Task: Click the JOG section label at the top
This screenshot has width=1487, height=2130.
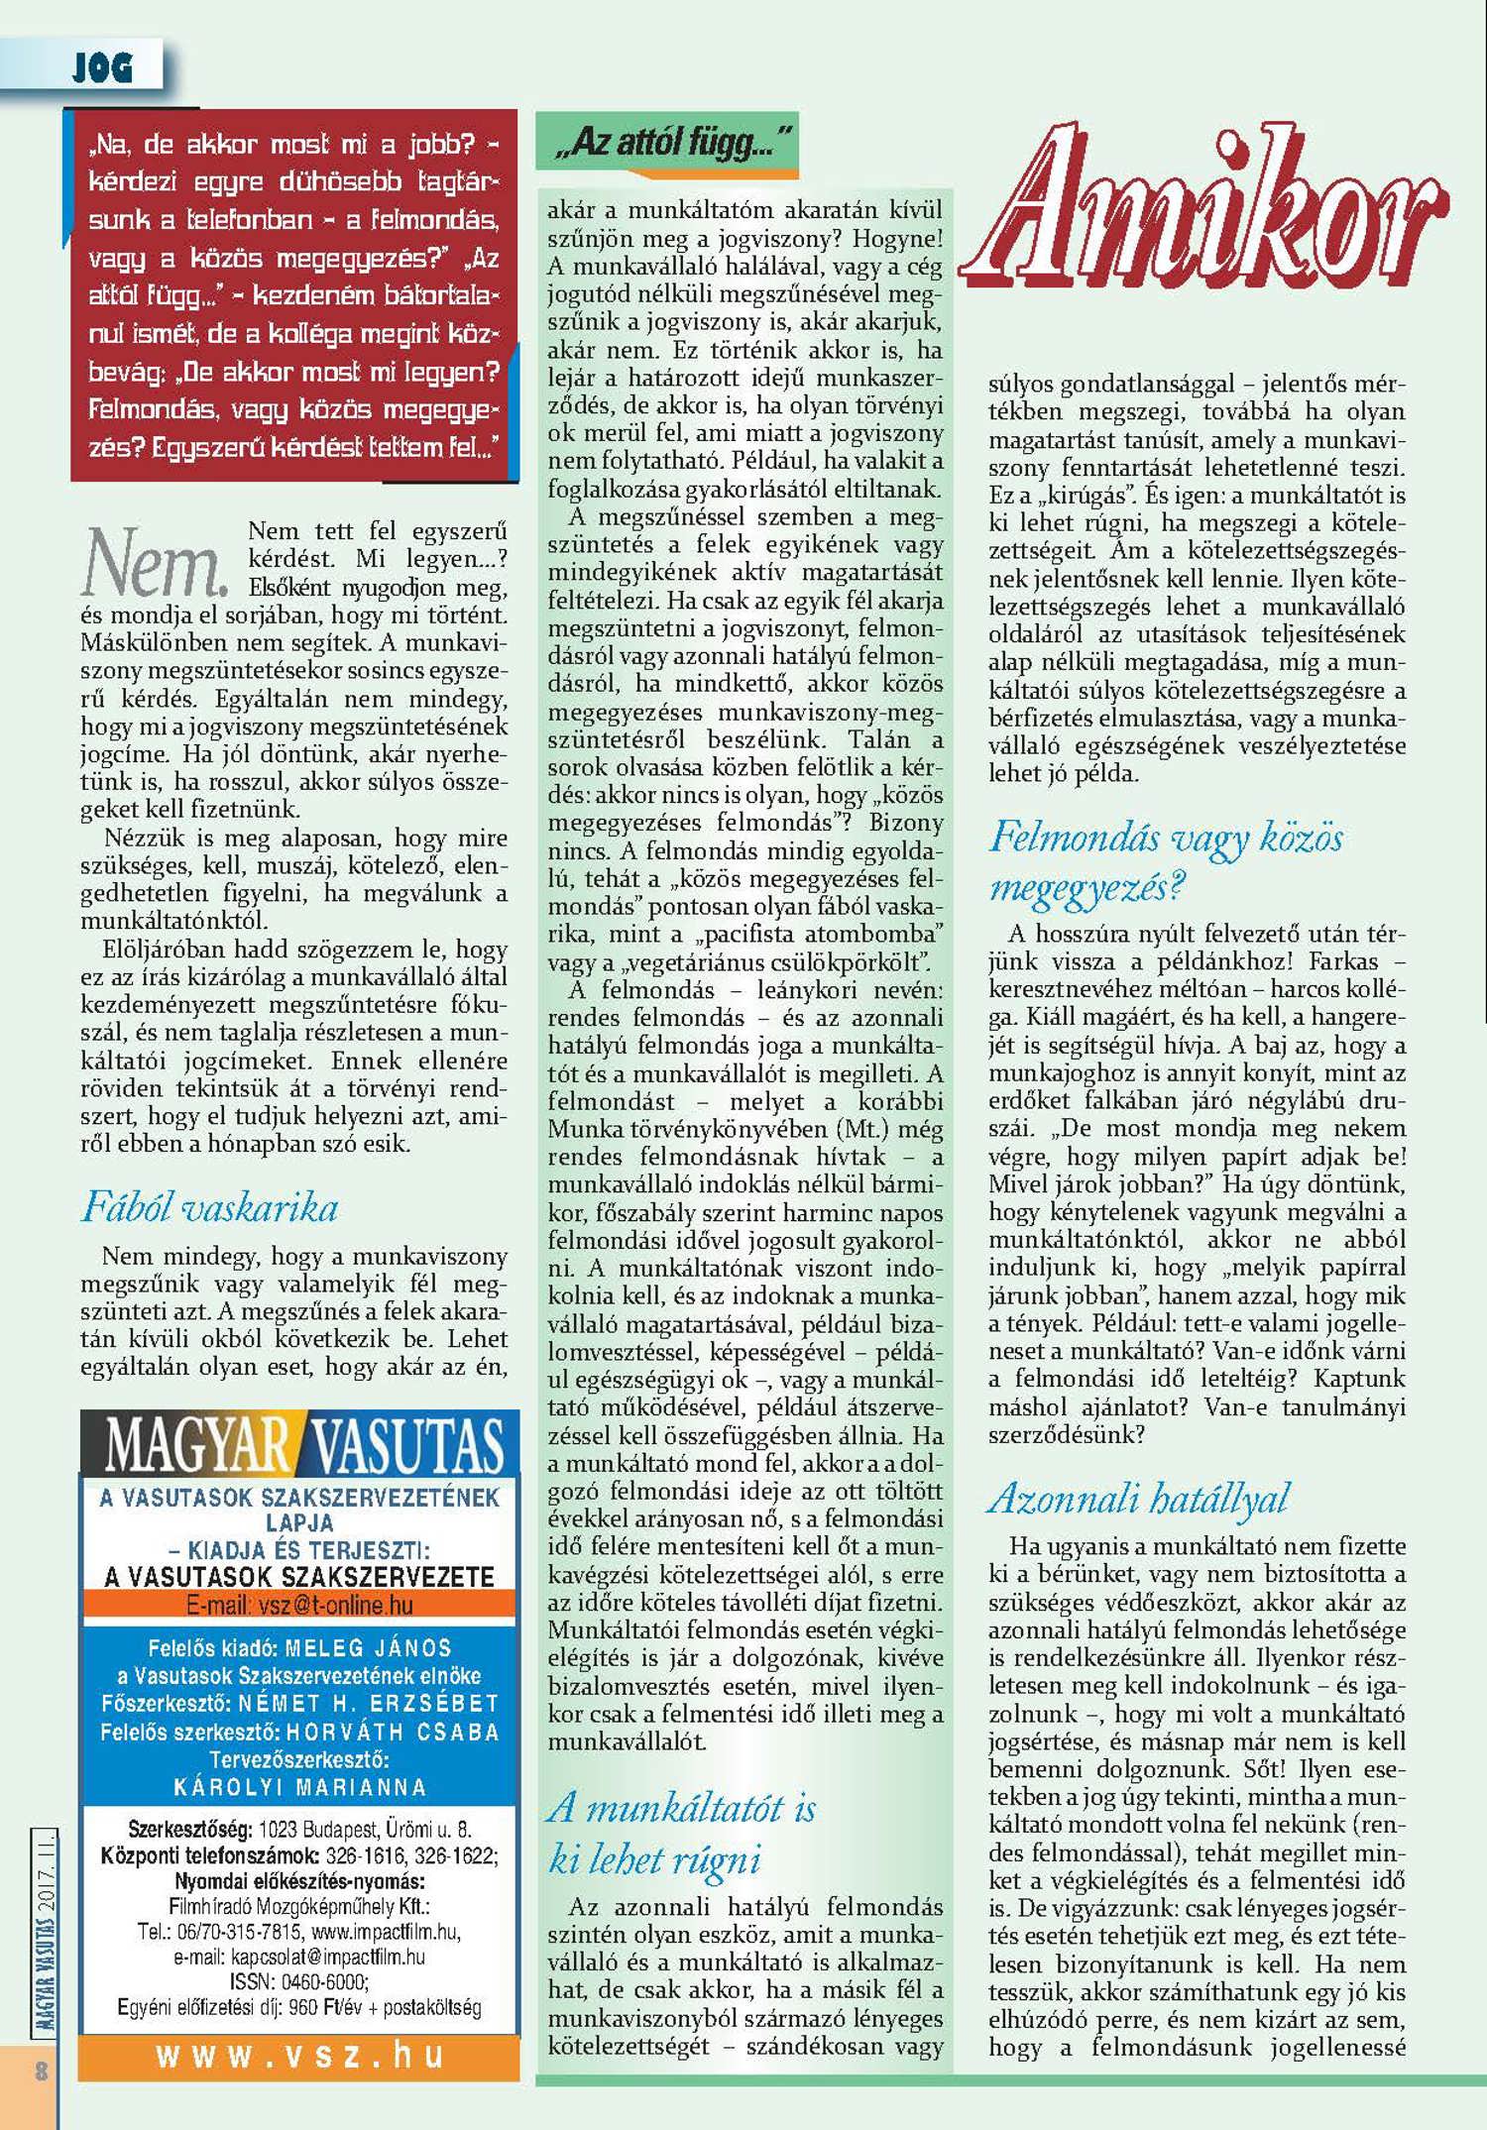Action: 102,68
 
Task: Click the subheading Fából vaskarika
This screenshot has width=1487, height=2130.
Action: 209,1207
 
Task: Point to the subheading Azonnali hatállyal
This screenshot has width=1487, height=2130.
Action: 1138,1499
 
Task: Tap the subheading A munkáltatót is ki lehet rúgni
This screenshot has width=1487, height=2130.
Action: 682,1834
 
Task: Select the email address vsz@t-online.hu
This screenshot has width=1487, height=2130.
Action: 335,1605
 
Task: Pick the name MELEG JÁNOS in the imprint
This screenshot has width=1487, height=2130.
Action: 368,1648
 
